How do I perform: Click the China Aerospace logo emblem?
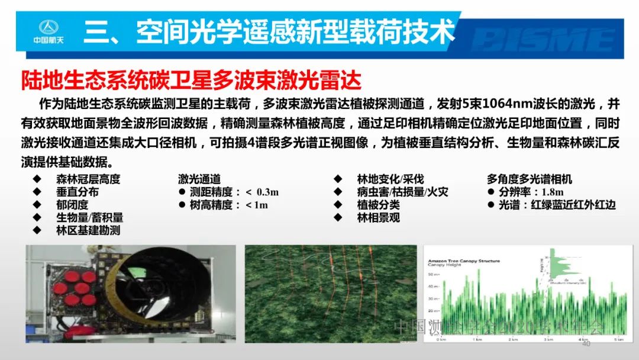coord(50,28)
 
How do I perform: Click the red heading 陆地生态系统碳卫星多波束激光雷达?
coord(191,79)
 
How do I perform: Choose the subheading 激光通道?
coord(199,179)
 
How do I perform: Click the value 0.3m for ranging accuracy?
coord(267,192)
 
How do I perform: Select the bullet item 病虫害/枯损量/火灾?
coord(402,192)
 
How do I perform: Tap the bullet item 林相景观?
coord(378,218)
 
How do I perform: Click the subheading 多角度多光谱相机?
coord(529,179)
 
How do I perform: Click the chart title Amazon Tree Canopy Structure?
coord(463,261)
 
